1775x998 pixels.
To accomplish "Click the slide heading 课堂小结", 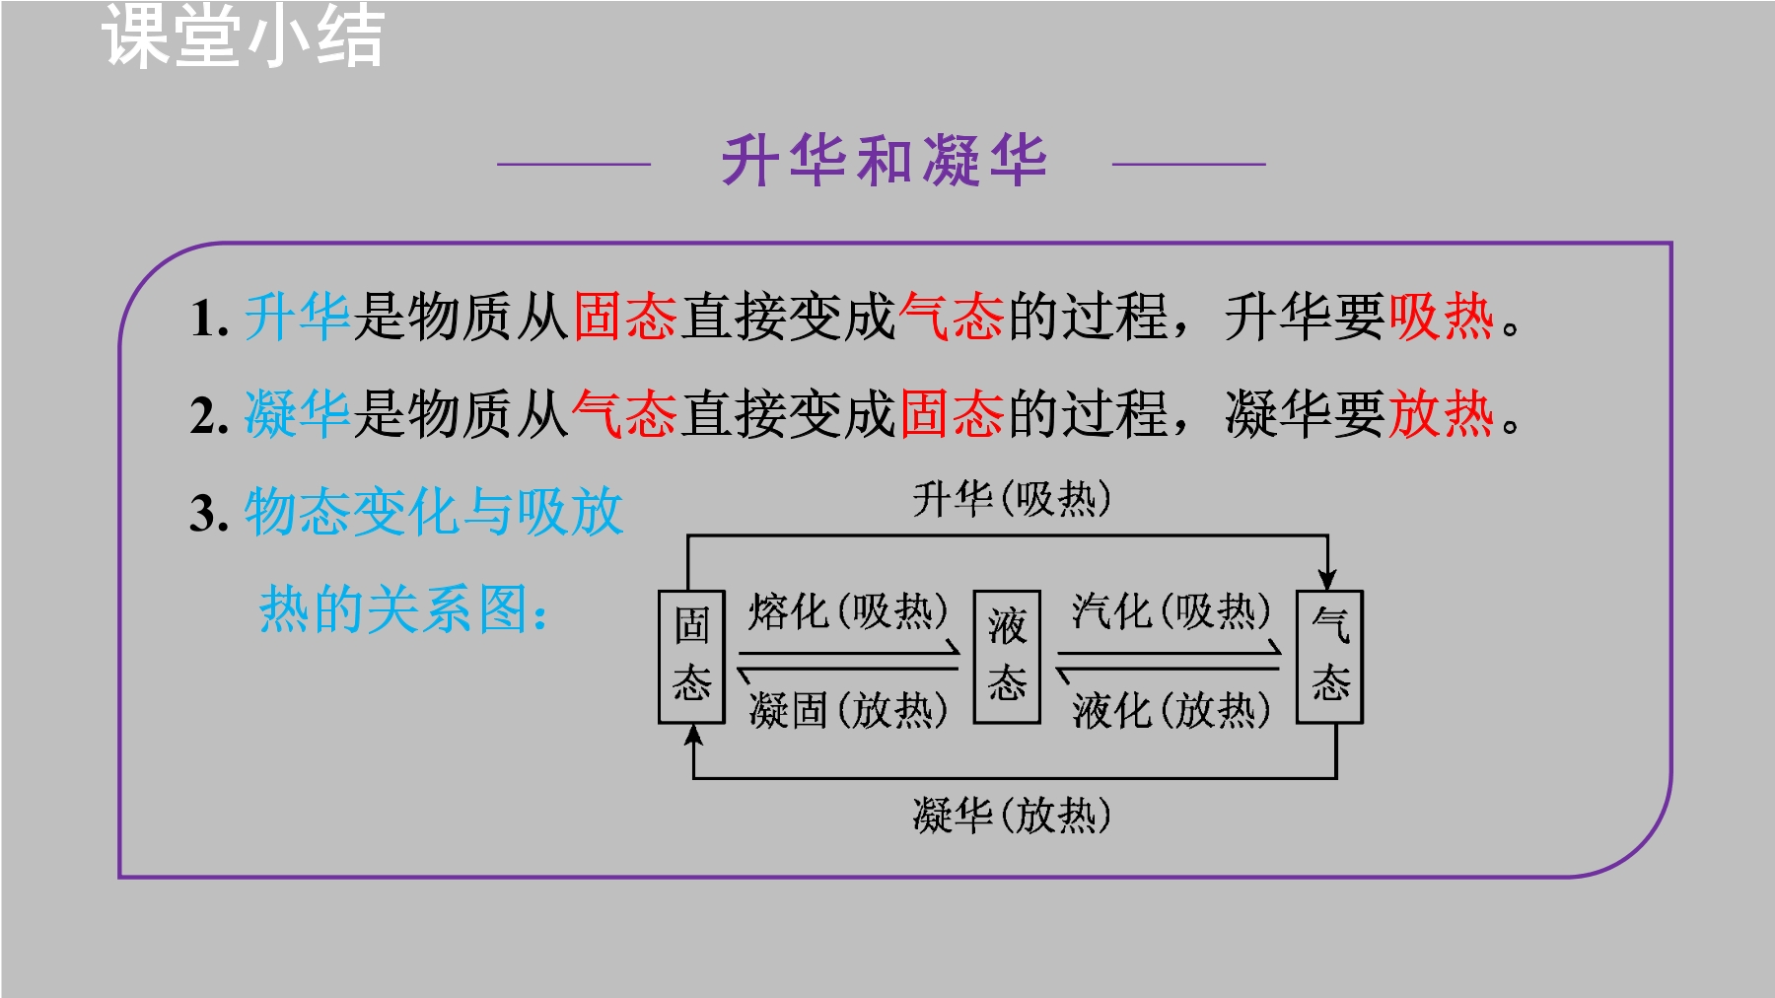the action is pyautogui.click(x=243, y=36).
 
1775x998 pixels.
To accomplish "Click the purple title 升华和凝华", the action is pyautogui.click(x=884, y=161).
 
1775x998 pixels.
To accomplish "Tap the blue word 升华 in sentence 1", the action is pyautogui.click(x=298, y=317).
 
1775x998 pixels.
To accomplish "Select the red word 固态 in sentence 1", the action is pyautogui.click(x=625, y=317).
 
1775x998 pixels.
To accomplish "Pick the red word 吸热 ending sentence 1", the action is pyautogui.click(x=1441, y=317).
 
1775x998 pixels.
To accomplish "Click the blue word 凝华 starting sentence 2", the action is pyautogui.click(x=298, y=413).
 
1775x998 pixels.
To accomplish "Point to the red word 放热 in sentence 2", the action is pyautogui.click(x=1441, y=413).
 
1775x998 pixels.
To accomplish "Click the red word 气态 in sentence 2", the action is pyautogui.click(x=625, y=413).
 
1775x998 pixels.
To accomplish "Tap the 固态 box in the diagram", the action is pyautogui.click(x=692, y=657).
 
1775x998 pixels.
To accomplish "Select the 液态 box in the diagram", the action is pyautogui.click(x=1007, y=657).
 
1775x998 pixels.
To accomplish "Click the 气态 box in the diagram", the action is pyautogui.click(x=1329, y=657).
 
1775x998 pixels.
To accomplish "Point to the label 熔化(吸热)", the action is pyautogui.click(x=848, y=611).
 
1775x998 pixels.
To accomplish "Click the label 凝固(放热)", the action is pyautogui.click(x=848, y=709).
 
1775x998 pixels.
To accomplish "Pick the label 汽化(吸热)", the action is pyautogui.click(x=1171, y=611).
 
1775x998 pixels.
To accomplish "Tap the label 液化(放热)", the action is pyautogui.click(x=1171, y=709).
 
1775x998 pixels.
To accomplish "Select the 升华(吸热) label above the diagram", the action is pyautogui.click(x=1012, y=499).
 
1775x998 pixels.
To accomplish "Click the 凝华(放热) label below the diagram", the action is pyautogui.click(x=1012, y=816).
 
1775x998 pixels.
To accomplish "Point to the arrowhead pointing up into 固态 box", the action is pyautogui.click(x=694, y=736).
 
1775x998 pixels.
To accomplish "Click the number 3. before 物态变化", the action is pyautogui.click(x=209, y=513).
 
